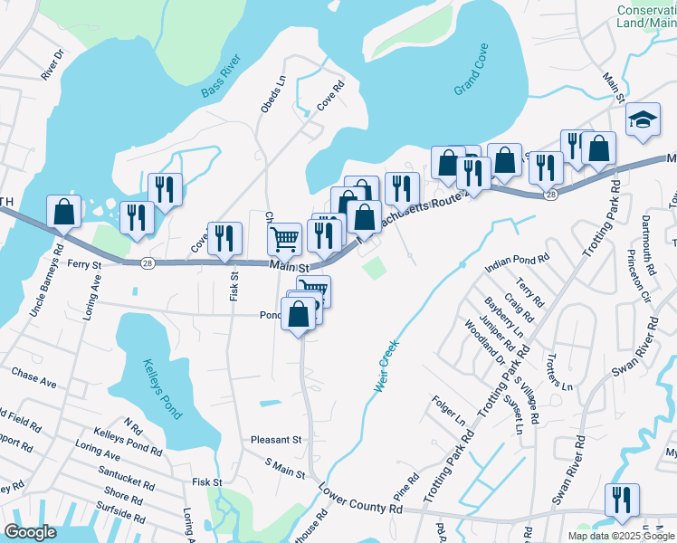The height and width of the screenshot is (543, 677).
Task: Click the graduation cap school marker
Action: pos(643,119)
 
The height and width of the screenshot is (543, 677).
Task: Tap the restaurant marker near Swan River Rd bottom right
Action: pos(622,500)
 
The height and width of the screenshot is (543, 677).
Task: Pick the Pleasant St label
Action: pos(277,440)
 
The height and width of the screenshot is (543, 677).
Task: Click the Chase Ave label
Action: pos(33,377)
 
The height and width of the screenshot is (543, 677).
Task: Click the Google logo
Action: pos(31,532)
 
